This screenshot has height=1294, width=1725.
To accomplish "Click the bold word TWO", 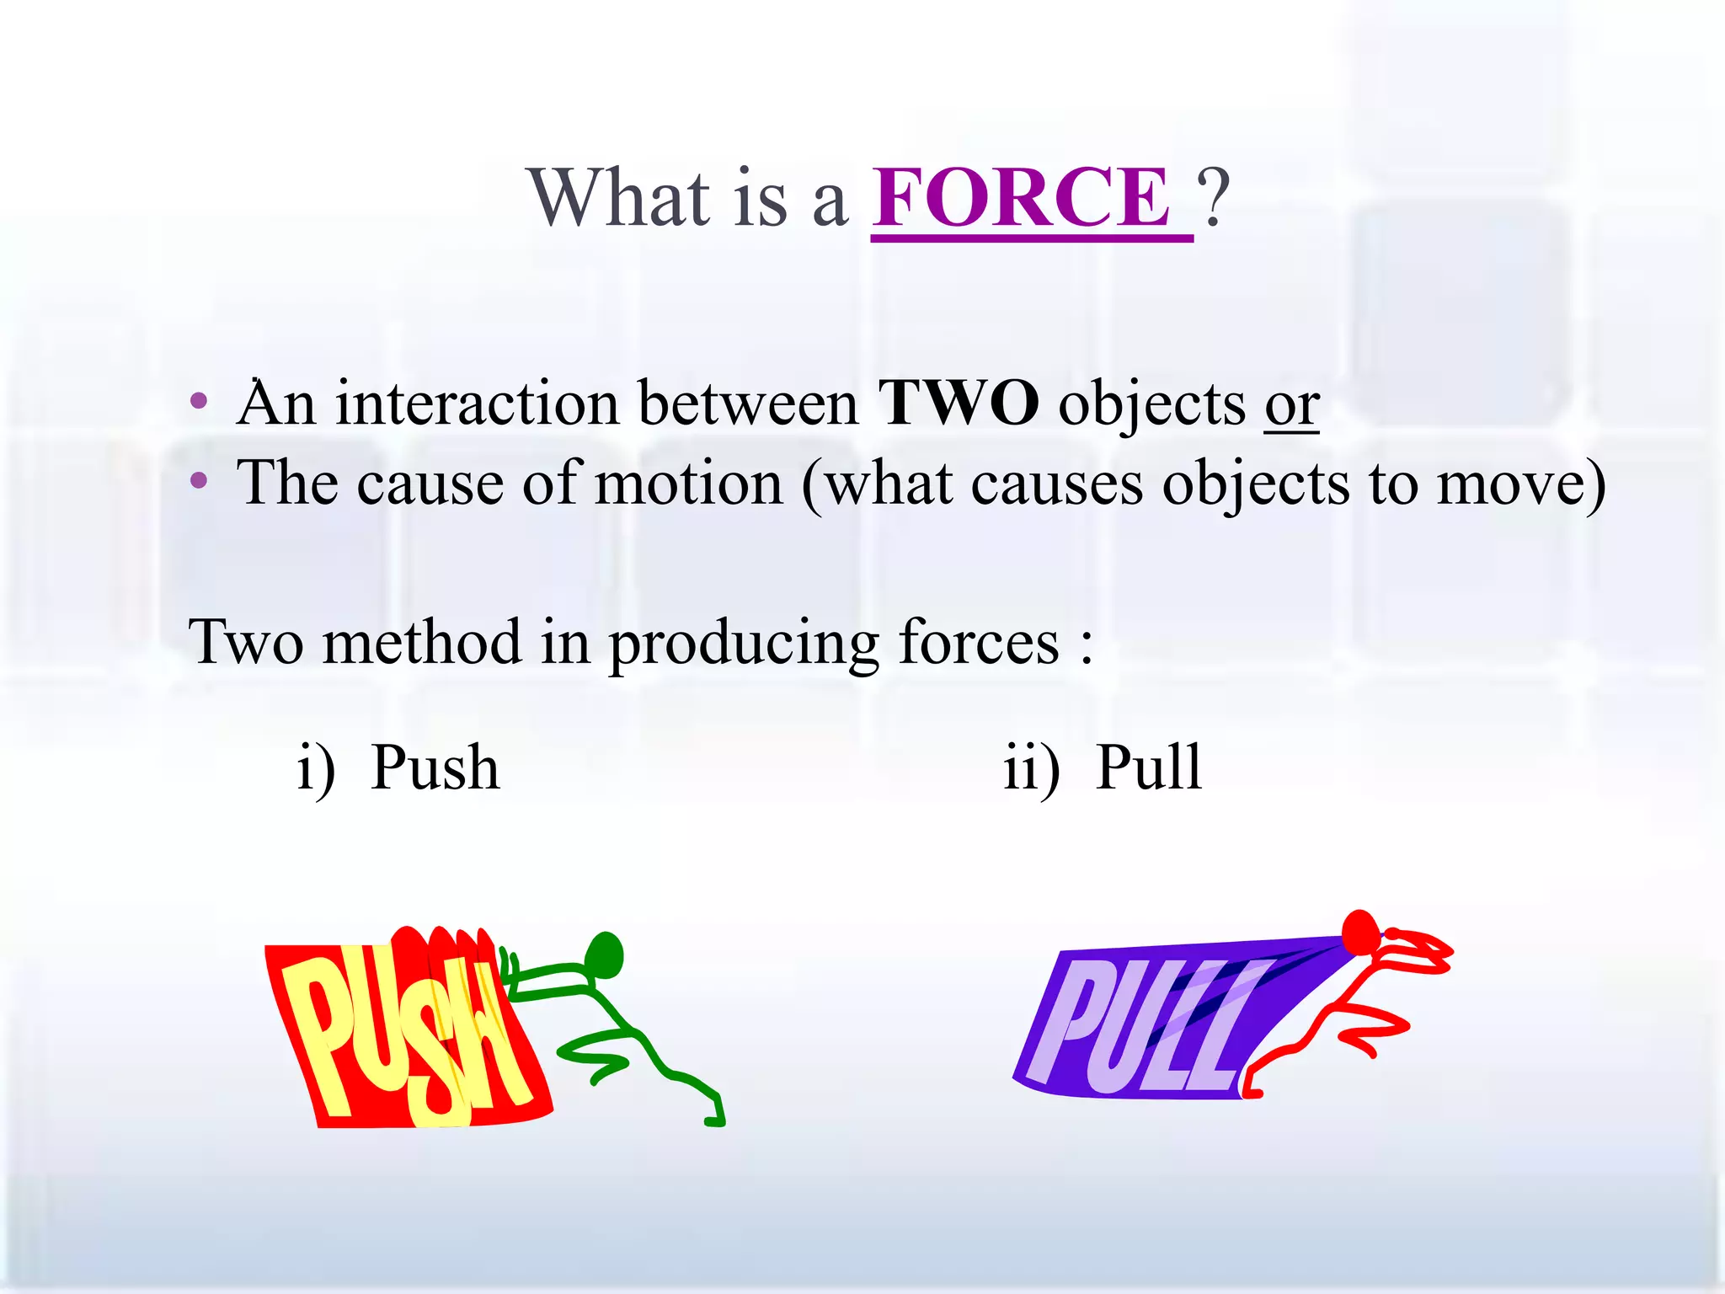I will pos(958,404).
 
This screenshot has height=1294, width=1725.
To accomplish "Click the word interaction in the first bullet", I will pos(476,404).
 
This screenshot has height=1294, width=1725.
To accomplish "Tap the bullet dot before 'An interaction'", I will pos(199,401).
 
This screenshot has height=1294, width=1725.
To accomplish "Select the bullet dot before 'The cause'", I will pos(199,481).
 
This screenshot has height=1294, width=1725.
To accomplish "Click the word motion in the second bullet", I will pos(688,484).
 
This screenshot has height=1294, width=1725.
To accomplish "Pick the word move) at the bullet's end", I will pos(1520,484).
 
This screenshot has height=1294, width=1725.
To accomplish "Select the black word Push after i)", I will pos(435,767).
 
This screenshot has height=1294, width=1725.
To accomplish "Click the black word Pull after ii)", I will pos(1148,767).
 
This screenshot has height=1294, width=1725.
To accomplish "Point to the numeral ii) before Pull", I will pos(1031,769).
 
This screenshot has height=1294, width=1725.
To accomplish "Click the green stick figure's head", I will pos(606,954).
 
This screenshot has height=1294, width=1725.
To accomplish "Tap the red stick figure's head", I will pos(1359,932).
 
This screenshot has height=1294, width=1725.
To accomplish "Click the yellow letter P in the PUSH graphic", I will pos(319,1036).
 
